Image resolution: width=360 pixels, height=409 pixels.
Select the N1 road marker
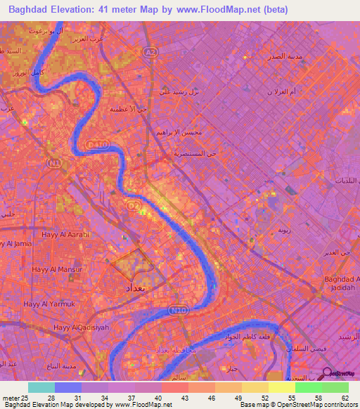(x=53, y=162)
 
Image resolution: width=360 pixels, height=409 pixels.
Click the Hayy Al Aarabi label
(x=66, y=234)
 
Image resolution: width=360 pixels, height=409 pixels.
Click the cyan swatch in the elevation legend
(x=41, y=387)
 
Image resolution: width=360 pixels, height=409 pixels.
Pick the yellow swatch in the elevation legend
(x=282, y=387)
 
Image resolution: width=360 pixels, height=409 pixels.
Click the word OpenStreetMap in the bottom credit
(x=292, y=405)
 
